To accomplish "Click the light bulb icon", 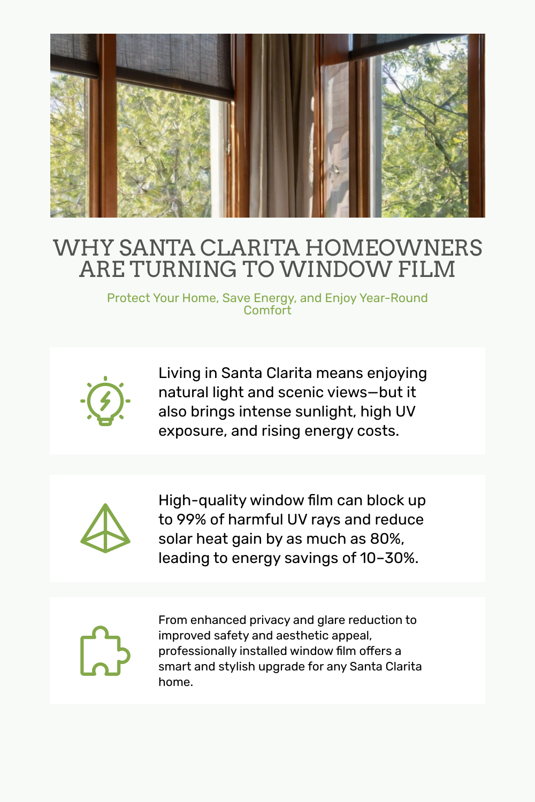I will click(x=105, y=401).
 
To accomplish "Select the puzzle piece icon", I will click(x=105, y=651).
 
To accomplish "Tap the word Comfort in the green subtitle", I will click(x=267, y=311).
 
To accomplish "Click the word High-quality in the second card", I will click(x=202, y=500).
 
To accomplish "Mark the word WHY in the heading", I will click(x=83, y=248).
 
